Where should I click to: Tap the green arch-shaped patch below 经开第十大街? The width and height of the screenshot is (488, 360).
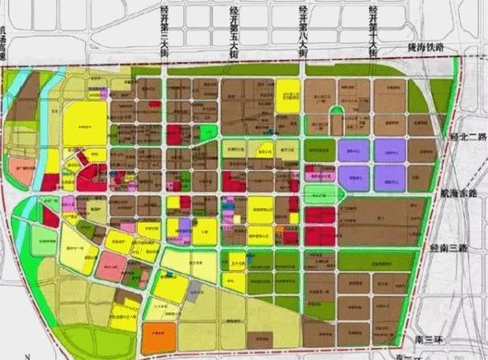(337, 116)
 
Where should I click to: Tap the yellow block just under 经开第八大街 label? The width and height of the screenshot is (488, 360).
(287, 92)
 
